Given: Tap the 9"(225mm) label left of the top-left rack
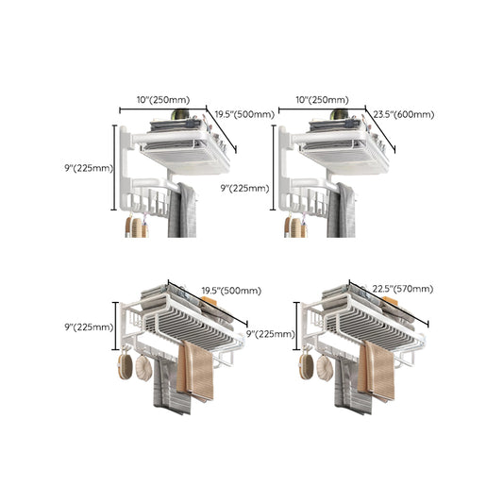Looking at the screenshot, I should (x=89, y=169).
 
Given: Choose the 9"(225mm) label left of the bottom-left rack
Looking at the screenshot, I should (x=89, y=327).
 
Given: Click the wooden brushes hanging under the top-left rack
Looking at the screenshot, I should (x=137, y=226).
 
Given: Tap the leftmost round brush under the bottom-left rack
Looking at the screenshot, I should (x=123, y=365).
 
